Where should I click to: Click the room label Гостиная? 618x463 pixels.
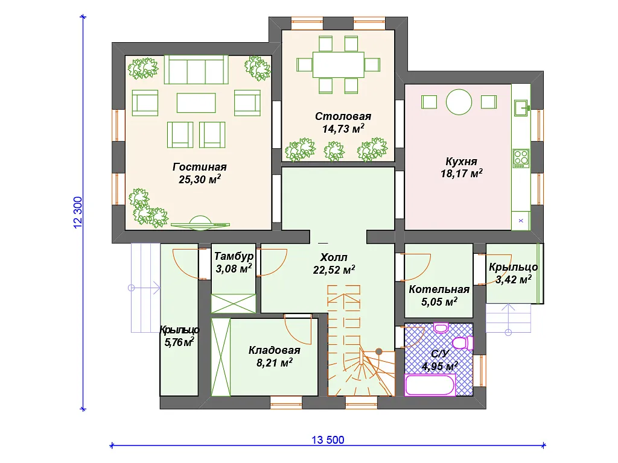pos(199,167)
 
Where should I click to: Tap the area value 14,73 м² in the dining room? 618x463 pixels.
pos(343,129)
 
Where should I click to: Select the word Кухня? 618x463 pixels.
pos(461,162)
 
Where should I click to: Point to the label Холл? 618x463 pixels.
pos(333,257)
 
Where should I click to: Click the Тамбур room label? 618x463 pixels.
pos(234,256)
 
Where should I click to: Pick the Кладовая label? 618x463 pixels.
pos(275,350)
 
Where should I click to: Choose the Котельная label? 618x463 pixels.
pos(439,289)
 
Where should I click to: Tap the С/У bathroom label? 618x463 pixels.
pos(439,354)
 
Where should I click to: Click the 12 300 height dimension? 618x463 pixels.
pos(78,213)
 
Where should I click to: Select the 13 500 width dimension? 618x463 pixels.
pos(328,439)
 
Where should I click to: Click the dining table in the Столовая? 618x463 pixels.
pos(338,65)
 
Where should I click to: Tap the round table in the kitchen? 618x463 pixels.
pos(459,102)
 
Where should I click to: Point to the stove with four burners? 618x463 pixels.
pos(521,158)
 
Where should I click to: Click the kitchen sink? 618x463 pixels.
pos(521,107)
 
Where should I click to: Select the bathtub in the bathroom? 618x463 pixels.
pos(430,385)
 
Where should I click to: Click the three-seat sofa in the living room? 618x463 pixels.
pos(196,70)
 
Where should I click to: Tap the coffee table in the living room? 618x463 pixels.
pos(196,102)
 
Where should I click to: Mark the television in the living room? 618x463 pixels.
pos(200,222)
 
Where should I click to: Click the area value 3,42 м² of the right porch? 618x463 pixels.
pos(513,280)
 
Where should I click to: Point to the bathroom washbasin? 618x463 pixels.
pos(441,327)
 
